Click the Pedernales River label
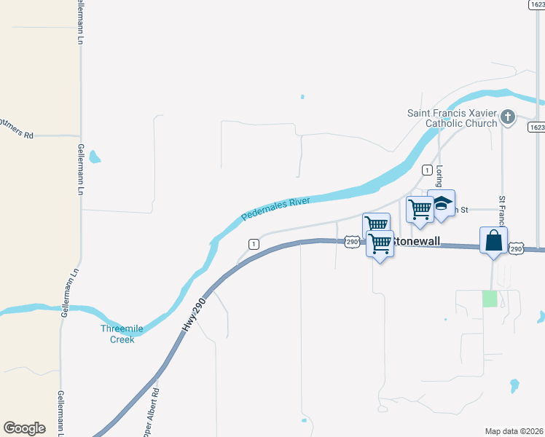tap(276, 208)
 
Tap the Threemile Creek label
tap(117, 334)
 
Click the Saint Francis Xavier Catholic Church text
tap(452, 117)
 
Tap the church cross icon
tap(509, 116)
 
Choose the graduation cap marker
tap(442, 205)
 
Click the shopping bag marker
tap(493, 240)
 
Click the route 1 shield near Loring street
tap(426, 170)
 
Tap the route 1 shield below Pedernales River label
tap(253, 244)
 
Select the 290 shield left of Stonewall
tap(352, 242)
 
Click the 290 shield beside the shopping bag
tap(516, 249)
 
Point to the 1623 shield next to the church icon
tap(536, 127)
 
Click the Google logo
tap(24, 428)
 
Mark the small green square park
tap(490, 299)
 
